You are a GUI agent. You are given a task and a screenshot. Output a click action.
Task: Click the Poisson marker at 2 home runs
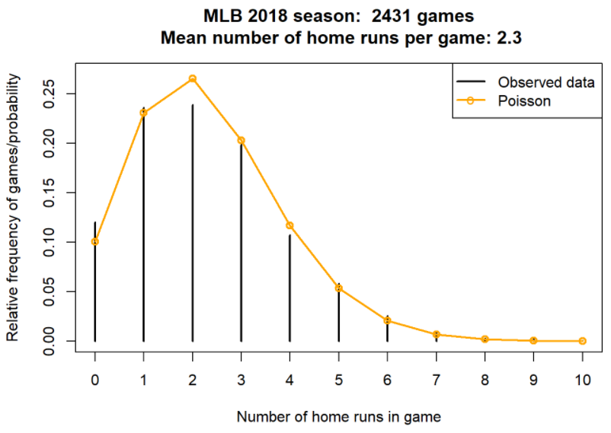(x=193, y=78)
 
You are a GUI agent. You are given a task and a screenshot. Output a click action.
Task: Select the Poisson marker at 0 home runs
(x=95, y=241)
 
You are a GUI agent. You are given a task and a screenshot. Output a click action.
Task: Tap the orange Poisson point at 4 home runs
(x=290, y=225)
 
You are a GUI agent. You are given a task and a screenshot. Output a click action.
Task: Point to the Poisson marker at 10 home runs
(x=583, y=341)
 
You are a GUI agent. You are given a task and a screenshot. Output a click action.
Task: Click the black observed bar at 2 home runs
(x=193, y=228)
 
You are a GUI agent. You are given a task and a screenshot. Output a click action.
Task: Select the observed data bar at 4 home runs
(x=290, y=289)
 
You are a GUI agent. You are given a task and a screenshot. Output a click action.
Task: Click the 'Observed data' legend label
(x=545, y=82)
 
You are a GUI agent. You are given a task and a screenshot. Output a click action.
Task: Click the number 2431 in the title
(x=395, y=15)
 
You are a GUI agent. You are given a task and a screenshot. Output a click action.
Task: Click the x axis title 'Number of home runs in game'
(x=338, y=416)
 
